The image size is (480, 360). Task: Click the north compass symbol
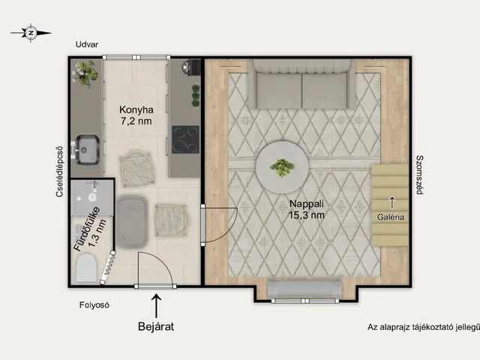31,32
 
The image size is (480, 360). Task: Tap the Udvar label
87,44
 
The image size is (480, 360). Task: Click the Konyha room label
136,115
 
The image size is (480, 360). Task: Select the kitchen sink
87,148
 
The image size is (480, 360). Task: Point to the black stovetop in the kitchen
185,139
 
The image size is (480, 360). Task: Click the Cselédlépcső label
60,172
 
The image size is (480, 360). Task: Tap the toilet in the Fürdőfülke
86,268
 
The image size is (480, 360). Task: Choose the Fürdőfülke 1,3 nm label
90,229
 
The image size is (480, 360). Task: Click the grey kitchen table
132,221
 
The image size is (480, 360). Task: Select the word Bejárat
156,326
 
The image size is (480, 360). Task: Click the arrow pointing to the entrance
157,305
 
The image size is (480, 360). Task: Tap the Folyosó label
94,305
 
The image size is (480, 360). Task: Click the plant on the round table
282,167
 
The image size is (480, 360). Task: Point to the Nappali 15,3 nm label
307,209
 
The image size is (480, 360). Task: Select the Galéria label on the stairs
391,217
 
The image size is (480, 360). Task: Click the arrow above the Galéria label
391,203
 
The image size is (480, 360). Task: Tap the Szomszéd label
420,175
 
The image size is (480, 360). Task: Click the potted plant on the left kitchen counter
85,73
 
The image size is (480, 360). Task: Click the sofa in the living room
301,84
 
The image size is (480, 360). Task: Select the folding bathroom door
108,267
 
